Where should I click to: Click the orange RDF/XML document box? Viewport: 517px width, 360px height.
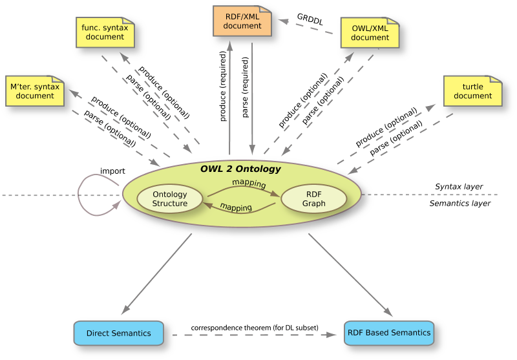pyautogui.click(x=242, y=21)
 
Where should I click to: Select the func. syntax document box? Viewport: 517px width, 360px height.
pyautogui.click(x=105, y=32)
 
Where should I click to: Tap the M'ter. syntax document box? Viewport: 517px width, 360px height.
pyautogui.click(x=35, y=91)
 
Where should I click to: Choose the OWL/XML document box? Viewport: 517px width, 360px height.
pyautogui.click(x=370, y=32)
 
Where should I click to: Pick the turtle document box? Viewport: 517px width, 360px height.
pyautogui.click(x=472, y=91)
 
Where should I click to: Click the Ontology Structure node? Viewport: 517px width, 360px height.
pyautogui.click(x=170, y=199)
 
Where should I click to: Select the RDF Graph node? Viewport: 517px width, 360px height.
pyautogui.click(x=314, y=199)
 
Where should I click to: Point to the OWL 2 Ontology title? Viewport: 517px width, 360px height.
pyautogui.click(x=240, y=169)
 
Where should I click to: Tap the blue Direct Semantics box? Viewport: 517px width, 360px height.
pyautogui.click(x=118, y=334)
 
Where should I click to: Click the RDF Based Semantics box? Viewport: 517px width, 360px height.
pyautogui.click(x=389, y=333)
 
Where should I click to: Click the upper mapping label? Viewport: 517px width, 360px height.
pyautogui.click(x=249, y=184)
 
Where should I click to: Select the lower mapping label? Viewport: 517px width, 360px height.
pyautogui.click(x=236, y=207)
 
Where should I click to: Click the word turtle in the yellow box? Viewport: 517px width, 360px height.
pyautogui.click(x=473, y=87)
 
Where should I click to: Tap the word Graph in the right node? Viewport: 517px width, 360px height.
pyautogui.click(x=314, y=204)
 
